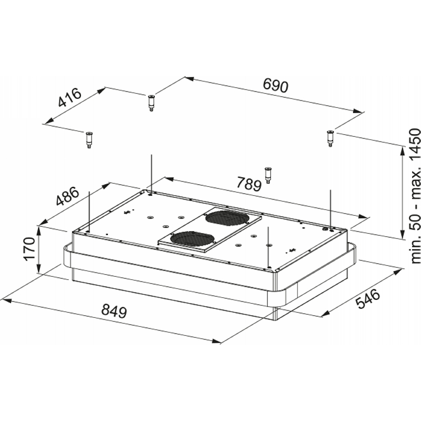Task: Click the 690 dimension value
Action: (x=275, y=86)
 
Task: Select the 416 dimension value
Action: (x=70, y=97)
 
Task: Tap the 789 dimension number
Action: (x=249, y=184)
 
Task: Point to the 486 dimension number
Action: (x=68, y=196)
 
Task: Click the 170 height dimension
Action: (x=29, y=248)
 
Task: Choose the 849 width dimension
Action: (x=114, y=311)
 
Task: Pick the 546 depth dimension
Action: (x=368, y=298)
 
